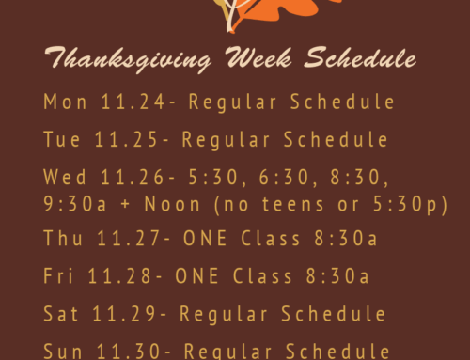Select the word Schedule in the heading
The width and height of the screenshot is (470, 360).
pos(363,60)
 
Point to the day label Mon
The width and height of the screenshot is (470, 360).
pos(61,102)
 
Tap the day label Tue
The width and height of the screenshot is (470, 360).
pos(60,139)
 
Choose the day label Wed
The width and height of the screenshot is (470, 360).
pos(62,177)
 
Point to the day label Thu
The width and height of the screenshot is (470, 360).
pos(60,239)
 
